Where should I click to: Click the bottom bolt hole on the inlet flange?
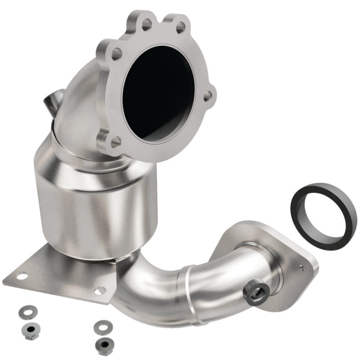pyautogui.click(x=115, y=141)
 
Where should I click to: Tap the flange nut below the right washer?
pyautogui.click(x=104, y=343)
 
